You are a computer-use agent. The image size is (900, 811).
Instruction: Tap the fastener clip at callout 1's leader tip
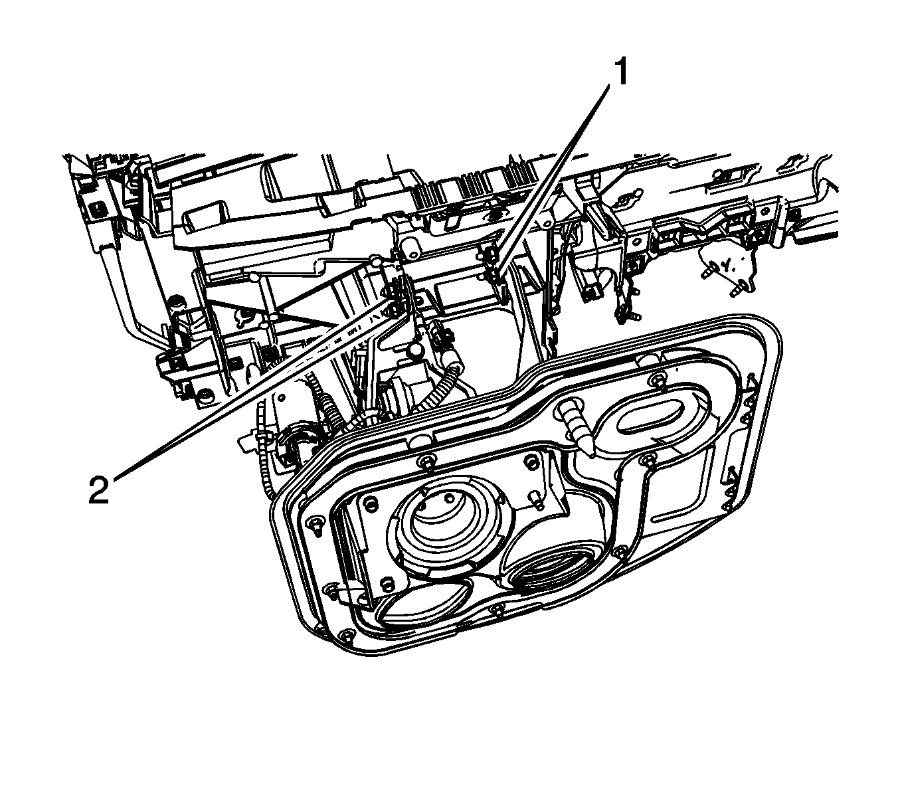[x=493, y=269]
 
